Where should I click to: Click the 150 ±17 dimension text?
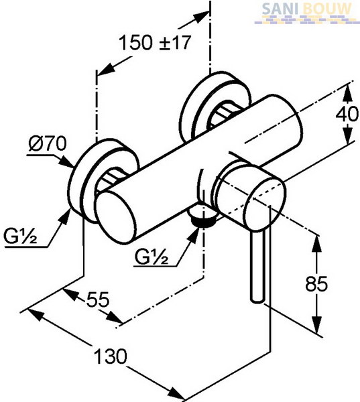pos(156,42)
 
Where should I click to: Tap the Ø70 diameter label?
pos(48,143)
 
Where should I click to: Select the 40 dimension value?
pos(347,114)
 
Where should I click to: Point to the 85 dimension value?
pos(316,283)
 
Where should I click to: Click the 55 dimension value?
pos(98,299)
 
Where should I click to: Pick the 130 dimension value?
pos(111,356)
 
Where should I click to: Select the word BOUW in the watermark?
pos(327,9)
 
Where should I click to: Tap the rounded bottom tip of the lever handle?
pos(257,300)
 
